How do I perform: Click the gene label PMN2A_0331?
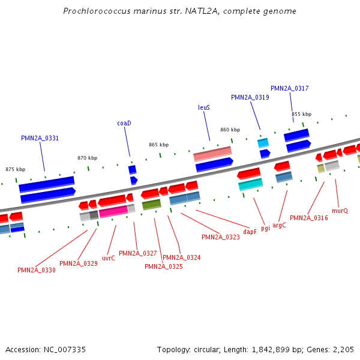pos(40,138)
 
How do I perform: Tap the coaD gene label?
pos(124,123)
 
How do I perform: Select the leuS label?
pos(204,107)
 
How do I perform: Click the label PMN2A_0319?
pos(250,97)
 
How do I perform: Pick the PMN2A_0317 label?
pos(290,88)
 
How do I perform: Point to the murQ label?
pos(340,211)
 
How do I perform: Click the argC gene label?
pos(280,225)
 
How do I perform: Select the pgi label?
pos(265,228)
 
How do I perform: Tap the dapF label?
pos(250,231)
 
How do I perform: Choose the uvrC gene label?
pos(109,258)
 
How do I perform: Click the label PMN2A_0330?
pos(37,270)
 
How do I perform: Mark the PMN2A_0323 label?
pos(221,237)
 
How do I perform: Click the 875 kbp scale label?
pos(16,170)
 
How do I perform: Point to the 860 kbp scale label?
pos(230,130)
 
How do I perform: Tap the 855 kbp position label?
pos(302,114)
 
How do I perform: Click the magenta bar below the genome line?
pos(113,211)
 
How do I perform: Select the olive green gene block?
pos(151,205)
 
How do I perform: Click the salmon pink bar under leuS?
pos(212,155)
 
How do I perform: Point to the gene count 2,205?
pos(344,349)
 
